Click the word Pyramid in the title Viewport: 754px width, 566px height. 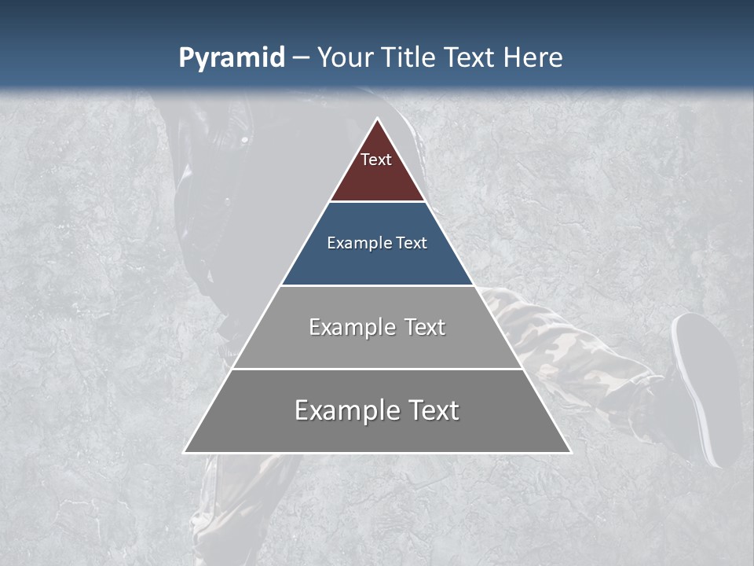tap(231, 58)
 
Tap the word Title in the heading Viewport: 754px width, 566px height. tap(412, 58)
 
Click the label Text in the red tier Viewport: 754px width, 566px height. tap(376, 160)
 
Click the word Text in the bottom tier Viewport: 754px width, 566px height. tap(431, 410)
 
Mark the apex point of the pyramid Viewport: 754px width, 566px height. tap(378, 119)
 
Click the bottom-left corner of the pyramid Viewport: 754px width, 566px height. tap(185, 452)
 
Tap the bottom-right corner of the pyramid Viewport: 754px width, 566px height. tap(571, 452)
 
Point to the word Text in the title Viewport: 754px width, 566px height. tap(471, 58)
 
